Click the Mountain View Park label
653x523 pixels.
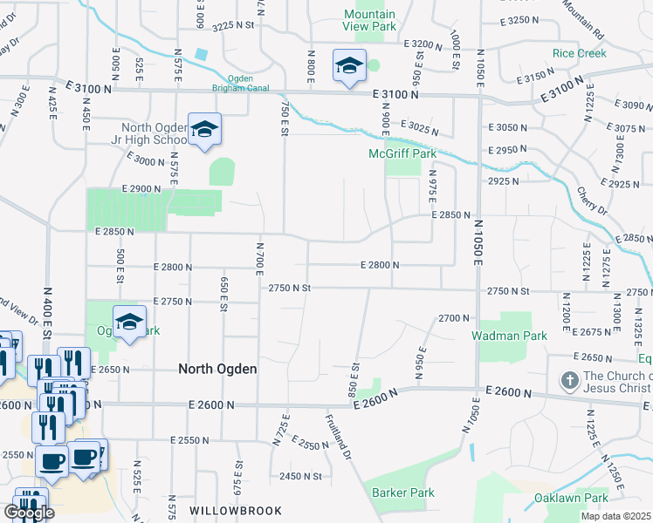(x=369, y=21)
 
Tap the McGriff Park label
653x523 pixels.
(x=413, y=154)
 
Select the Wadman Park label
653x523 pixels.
(x=508, y=336)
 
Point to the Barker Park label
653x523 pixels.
(x=402, y=492)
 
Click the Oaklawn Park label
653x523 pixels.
(x=571, y=499)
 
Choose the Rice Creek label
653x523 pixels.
(x=579, y=53)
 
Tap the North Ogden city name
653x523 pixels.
(x=217, y=369)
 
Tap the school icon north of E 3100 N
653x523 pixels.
(x=348, y=65)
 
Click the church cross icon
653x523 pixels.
(x=568, y=380)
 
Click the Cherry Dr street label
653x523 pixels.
(x=592, y=200)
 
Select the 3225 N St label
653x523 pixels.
(x=232, y=26)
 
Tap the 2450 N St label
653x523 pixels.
(x=301, y=476)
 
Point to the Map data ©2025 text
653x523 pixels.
(x=615, y=516)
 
